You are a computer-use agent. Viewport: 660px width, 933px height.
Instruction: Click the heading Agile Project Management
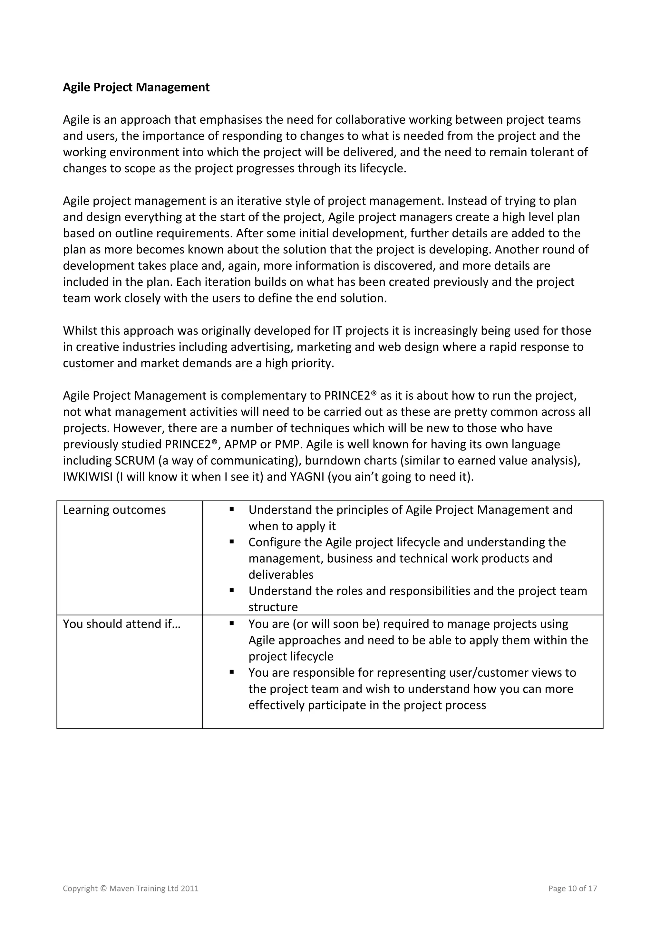(136, 87)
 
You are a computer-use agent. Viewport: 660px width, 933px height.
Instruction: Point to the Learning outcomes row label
(114, 510)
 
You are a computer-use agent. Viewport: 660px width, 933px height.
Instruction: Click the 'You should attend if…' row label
(121, 624)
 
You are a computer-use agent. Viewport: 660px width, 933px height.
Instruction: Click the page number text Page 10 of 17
(572, 888)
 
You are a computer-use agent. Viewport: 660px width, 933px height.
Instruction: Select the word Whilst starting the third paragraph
(80, 331)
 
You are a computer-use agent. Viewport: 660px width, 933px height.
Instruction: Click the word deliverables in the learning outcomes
(281, 575)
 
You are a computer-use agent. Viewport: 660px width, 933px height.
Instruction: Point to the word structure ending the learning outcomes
(273, 607)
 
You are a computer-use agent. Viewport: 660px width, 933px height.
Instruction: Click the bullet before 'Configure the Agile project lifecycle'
(231, 542)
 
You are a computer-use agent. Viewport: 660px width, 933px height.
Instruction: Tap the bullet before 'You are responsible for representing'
(231, 672)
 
